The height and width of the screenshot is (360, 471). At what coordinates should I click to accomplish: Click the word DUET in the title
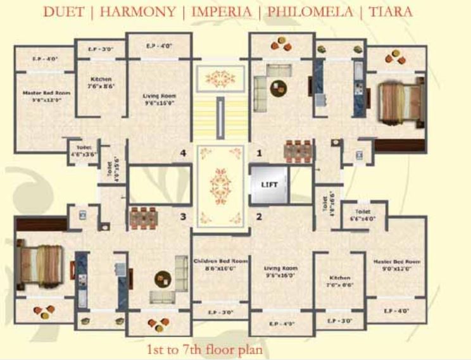click(x=62, y=11)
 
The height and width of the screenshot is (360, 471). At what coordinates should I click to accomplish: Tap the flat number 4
click(x=182, y=153)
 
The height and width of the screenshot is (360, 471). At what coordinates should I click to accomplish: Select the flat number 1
click(x=258, y=153)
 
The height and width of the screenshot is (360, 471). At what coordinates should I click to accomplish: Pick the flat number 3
click(x=182, y=217)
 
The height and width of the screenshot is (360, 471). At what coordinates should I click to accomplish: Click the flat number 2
click(x=258, y=217)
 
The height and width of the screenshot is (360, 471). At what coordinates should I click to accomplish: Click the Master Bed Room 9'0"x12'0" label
click(x=396, y=264)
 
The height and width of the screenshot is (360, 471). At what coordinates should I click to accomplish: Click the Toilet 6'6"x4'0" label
click(x=363, y=215)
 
